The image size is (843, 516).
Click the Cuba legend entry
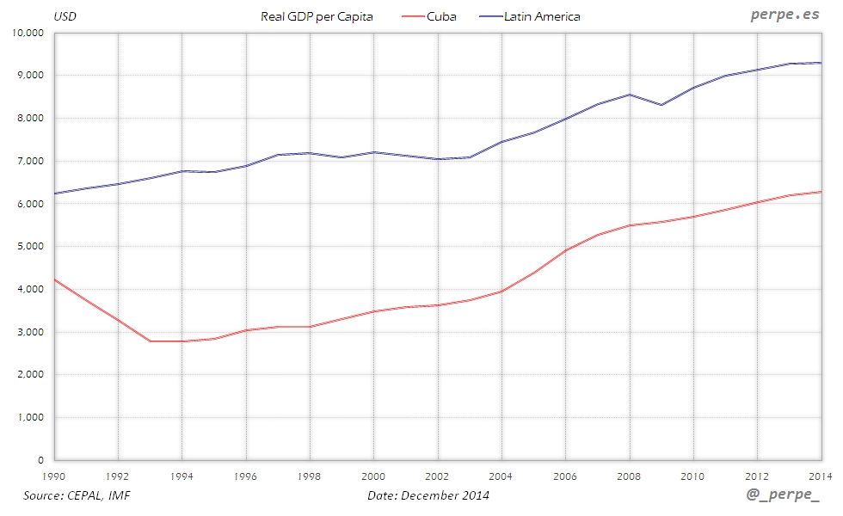[x=441, y=16]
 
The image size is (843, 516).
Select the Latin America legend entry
[x=542, y=16]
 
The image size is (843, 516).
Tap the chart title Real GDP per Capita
[x=317, y=16]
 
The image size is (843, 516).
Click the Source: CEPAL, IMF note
[x=77, y=495]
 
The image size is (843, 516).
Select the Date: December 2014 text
[x=428, y=495]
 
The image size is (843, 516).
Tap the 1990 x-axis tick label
[x=54, y=475]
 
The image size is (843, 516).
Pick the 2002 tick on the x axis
[x=437, y=475]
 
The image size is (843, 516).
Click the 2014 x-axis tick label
[x=819, y=475]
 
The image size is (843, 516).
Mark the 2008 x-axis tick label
[x=629, y=475]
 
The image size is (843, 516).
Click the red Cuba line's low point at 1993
[x=151, y=341]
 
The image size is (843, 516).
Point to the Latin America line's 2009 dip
[x=661, y=105]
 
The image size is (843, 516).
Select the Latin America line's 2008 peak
[x=629, y=95]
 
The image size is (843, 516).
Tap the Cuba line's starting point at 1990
[x=55, y=279]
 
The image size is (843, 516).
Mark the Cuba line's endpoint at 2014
[x=821, y=192]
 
